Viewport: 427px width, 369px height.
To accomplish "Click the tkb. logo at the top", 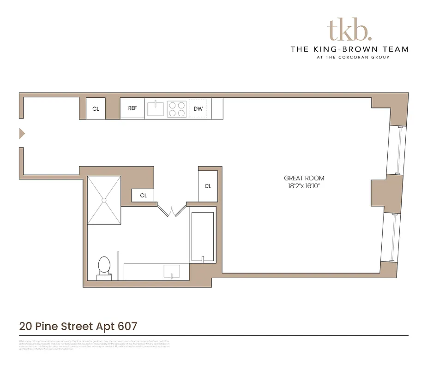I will [349, 30].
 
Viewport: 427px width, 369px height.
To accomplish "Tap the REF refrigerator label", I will [132, 108].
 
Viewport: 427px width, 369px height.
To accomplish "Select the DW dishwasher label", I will [198, 109].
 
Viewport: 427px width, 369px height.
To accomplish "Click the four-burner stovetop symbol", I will [177, 109].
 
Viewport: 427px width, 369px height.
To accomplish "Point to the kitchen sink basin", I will [156, 109].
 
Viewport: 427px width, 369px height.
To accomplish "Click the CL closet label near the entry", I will [96, 109].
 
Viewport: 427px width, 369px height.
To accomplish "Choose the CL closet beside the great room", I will [208, 186].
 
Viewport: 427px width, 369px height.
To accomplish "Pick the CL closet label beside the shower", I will [144, 196].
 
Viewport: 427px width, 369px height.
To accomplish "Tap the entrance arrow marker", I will [21, 134].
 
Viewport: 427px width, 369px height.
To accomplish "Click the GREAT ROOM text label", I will [304, 178].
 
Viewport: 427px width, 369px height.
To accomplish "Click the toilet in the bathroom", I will [104, 267].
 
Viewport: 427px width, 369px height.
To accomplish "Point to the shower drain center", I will [104, 200].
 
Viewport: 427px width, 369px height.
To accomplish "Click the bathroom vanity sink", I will [172, 271].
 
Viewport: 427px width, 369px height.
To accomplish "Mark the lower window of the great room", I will [392, 238].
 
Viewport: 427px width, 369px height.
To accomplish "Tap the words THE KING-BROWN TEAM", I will [349, 49].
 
